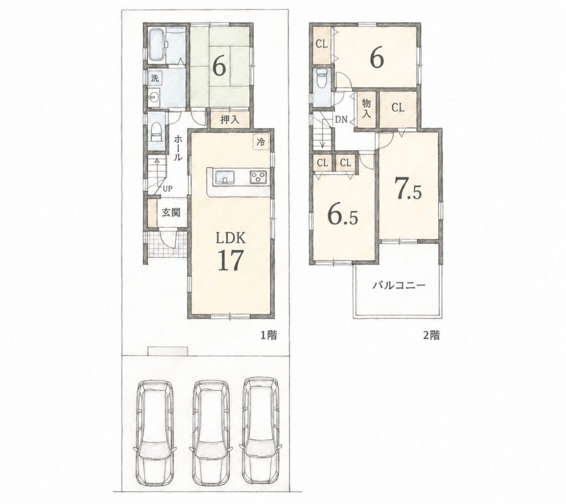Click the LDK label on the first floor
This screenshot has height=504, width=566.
230,238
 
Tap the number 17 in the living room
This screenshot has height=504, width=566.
230,261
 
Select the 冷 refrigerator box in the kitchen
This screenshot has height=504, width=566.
260,142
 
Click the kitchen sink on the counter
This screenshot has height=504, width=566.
224,178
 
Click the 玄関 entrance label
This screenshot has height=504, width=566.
170,213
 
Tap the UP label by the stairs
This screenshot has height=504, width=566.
167,188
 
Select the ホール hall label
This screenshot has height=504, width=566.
178,148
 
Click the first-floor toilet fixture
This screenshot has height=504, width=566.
156,132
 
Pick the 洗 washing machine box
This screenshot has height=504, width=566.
155,77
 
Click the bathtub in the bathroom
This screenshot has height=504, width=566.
157,45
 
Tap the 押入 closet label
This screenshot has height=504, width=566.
230,119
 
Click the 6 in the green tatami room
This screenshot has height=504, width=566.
219,66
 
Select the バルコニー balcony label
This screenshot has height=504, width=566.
399,285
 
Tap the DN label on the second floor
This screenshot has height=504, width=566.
341,119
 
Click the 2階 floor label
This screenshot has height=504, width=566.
431,335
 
